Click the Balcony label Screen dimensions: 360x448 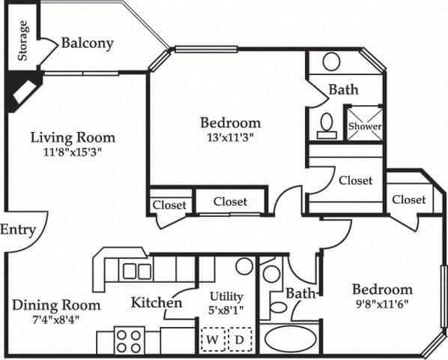coord(87,43)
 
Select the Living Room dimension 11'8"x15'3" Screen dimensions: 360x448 coord(72,150)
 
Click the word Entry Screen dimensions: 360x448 coord(17,229)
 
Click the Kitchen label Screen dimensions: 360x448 coord(157,303)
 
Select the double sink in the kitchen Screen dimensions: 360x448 coord(137,271)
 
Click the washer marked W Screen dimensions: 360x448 coord(212,340)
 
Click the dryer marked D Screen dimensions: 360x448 coord(239,340)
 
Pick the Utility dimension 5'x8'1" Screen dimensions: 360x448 coord(226,309)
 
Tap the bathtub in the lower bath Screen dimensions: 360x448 coord(289,338)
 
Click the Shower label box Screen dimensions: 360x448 coord(364,126)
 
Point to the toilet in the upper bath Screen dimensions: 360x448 coord(327,124)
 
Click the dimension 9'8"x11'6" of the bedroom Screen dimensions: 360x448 coord(382,304)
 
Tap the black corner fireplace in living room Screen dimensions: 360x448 coord(20,91)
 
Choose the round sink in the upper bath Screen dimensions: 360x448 coord(331,61)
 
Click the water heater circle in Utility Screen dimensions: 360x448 coord(243,265)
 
